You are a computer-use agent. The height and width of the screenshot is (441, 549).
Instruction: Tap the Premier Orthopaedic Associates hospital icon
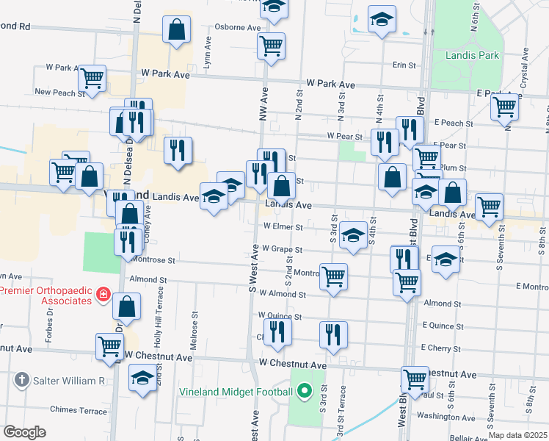tap(104, 295)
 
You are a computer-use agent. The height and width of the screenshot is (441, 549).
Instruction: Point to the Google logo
tap(24, 432)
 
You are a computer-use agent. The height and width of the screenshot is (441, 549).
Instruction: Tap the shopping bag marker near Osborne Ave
tap(176, 31)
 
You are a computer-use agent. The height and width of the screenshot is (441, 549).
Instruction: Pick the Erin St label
tap(404, 65)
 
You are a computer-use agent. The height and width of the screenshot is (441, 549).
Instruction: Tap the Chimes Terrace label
tap(79, 409)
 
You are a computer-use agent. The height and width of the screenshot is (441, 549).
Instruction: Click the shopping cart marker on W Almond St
tap(333, 277)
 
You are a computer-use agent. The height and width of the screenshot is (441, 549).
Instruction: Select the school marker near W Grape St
tap(353, 235)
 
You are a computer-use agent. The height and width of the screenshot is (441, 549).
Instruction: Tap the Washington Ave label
tap(447, 416)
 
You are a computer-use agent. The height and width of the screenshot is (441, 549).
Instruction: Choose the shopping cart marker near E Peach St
tap(504, 106)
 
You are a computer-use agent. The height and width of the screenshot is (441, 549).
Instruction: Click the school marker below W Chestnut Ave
tap(142, 379)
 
